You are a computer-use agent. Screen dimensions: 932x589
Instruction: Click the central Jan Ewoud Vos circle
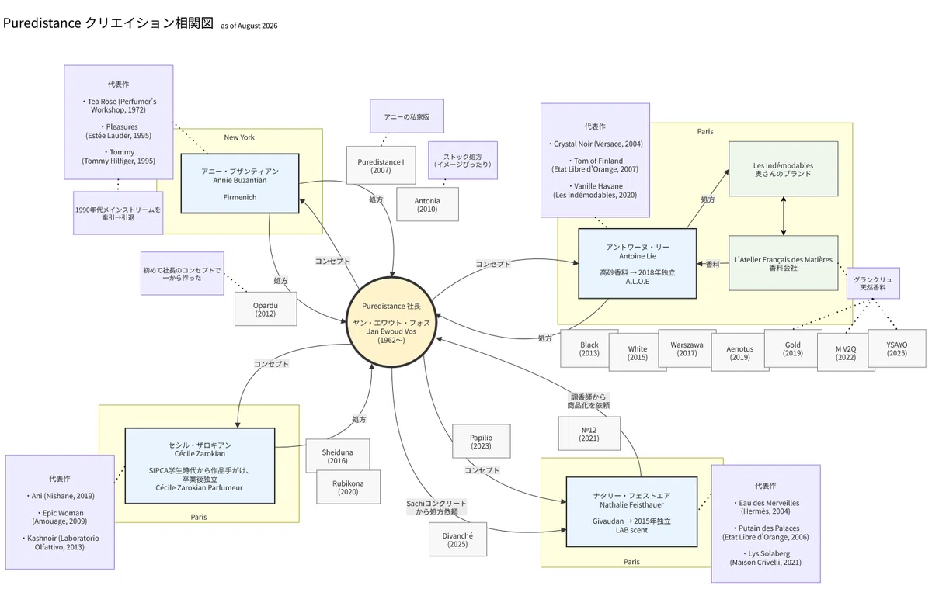pos(391,322)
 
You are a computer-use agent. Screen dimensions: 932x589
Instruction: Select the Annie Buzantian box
pos(240,184)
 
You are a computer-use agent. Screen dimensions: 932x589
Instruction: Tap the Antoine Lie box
pos(638,264)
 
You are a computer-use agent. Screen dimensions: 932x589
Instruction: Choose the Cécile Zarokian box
pos(200,466)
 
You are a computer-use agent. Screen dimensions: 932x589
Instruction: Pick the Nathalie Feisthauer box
pos(631,512)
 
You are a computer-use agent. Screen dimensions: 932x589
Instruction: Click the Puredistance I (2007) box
pos(381,165)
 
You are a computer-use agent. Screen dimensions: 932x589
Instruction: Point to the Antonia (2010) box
pos(427,205)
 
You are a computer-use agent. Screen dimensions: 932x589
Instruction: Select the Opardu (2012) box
pos(266,310)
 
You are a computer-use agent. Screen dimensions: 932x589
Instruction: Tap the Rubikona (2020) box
pos(348,487)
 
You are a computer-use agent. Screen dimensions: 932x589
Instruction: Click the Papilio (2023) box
pos(481,442)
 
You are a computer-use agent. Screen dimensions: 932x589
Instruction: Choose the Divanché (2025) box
pos(457,539)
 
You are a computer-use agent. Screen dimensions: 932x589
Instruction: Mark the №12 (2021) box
pos(589,434)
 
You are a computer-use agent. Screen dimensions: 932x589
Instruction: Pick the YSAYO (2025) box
pos(896,348)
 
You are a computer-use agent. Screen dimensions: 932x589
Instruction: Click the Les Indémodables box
pos(783,168)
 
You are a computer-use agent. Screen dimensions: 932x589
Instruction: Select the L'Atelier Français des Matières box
pos(783,263)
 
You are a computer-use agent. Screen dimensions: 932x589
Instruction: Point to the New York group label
pos(239,137)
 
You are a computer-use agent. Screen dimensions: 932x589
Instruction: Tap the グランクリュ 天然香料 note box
pos(873,283)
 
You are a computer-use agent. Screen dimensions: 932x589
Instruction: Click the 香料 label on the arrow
pos(712,264)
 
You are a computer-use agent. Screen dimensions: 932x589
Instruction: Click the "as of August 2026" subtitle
pos(249,26)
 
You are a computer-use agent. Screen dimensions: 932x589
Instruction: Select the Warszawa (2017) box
pos(687,348)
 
